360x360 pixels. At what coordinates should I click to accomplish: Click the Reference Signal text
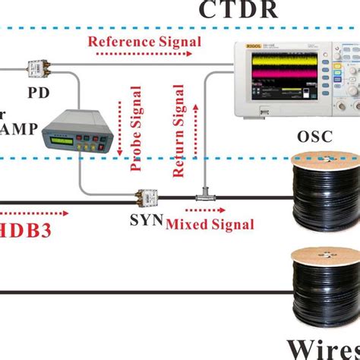coord(145,42)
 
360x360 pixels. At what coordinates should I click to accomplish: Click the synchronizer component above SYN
coord(145,199)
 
